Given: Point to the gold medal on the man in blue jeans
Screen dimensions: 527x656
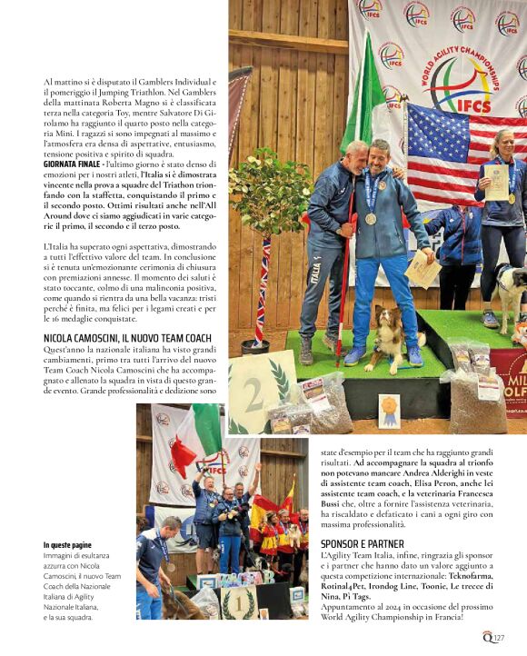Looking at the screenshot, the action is (371, 218).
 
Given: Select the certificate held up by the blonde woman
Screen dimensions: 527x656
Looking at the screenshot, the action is (497, 182).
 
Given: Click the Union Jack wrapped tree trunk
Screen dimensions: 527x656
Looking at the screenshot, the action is (263, 291).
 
